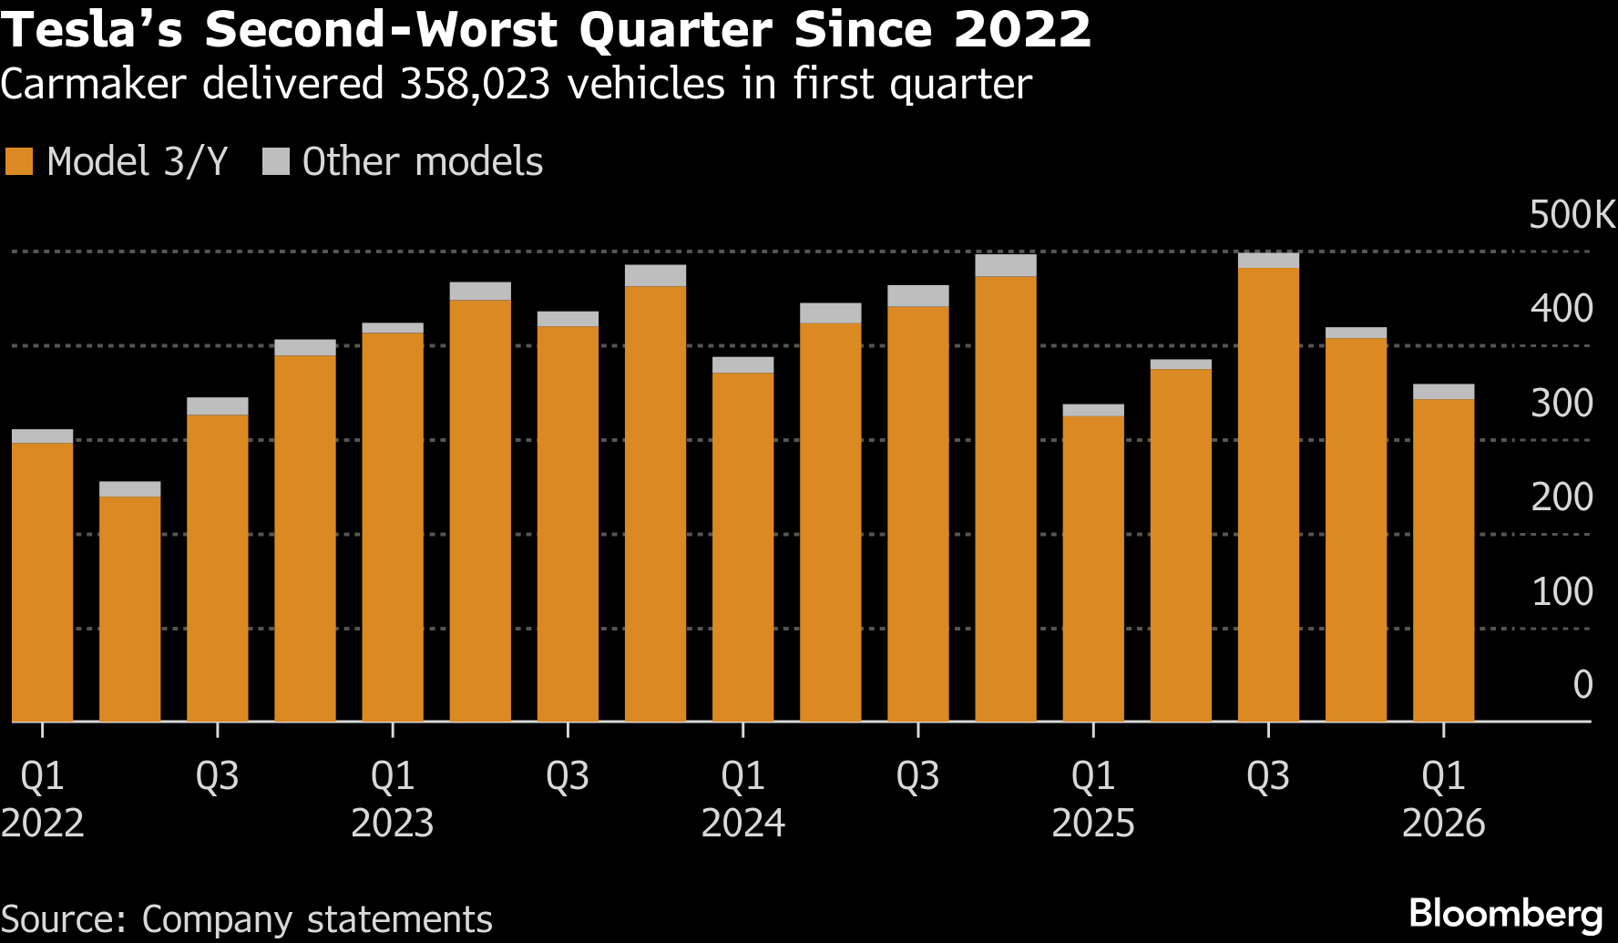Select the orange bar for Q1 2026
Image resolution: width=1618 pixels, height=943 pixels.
pyautogui.click(x=1443, y=559)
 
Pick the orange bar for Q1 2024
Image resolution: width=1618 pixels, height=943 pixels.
pyautogui.click(x=742, y=547)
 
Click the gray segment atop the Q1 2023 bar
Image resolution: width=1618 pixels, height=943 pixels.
pyautogui.click(x=393, y=328)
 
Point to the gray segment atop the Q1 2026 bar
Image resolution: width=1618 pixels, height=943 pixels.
pyautogui.click(x=1443, y=392)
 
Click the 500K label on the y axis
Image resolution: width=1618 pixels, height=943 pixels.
pyautogui.click(x=1572, y=215)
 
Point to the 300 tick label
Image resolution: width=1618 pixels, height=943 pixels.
pyautogui.click(x=1562, y=403)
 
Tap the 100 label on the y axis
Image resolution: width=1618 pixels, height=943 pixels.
pyautogui.click(x=1562, y=591)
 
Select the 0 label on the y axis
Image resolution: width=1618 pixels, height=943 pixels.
pyautogui.click(x=1582, y=684)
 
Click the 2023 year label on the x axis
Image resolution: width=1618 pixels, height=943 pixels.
pyautogui.click(x=393, y=824)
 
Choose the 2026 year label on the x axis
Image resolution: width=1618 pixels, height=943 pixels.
pyautogui.click(x=1443, y=824)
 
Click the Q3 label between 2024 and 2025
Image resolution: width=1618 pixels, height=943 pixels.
pyautogui.click(x=917, y=776)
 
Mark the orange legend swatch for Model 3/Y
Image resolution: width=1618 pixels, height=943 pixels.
pyautogui.click(x=19, y=161)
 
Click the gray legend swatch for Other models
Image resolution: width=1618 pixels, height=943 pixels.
pyautogui.click(x=275, y=161)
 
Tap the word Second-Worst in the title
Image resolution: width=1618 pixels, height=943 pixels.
pyautogui.click(x=380, y=29)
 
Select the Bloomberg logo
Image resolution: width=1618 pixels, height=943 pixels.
pyautogui.click(x=1505, y=913)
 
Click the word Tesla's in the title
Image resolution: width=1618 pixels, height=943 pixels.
pyautogui.click(x=92, y=29)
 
